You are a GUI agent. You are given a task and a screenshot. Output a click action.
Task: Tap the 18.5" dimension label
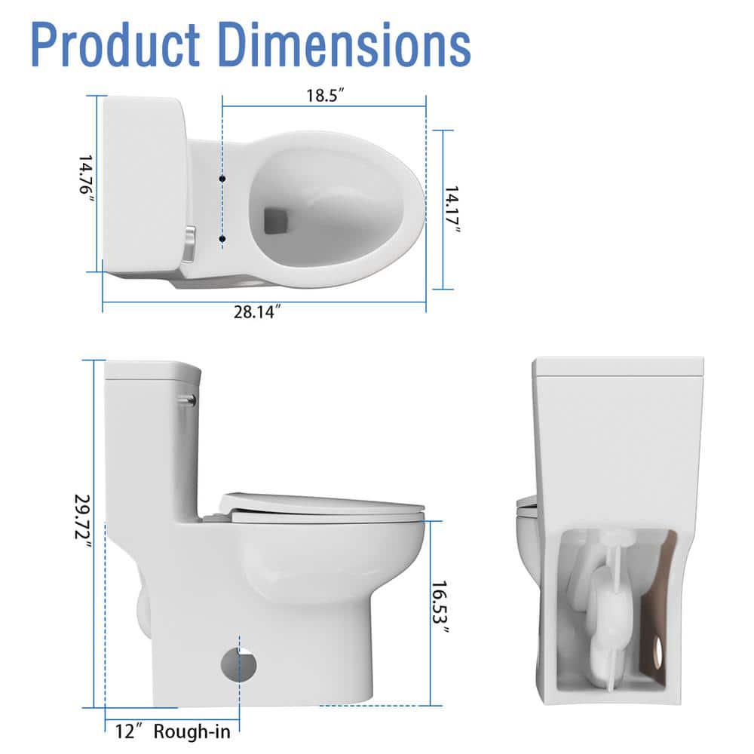click(325, 95)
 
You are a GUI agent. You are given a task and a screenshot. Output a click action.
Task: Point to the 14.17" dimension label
click(452, 210)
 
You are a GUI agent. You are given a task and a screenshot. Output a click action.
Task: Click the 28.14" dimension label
click(256, 312)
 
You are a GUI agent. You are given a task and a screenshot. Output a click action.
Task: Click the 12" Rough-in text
click(173, 730)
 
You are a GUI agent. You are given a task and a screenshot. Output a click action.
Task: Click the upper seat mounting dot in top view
click(222, 178)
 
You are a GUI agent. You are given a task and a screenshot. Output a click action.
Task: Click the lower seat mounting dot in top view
click(222, 239)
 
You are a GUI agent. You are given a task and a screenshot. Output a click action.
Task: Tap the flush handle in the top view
click(188, 244)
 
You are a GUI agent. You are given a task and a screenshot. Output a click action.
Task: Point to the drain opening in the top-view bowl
click(275, 219)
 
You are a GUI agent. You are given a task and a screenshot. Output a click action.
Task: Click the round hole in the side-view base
click(238, 664)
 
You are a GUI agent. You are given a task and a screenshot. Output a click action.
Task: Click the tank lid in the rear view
click(618, 367)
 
